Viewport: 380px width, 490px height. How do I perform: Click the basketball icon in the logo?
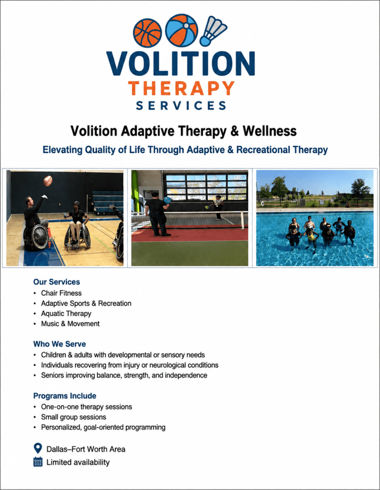click(147, 33)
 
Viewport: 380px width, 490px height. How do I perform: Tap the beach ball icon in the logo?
click(181, 30)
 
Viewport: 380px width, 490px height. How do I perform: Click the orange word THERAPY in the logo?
click(181, 88)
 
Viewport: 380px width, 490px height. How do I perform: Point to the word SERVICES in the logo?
click(181, 106)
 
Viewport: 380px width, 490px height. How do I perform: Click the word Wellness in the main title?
click(270, 131)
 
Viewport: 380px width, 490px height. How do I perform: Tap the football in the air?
click(47, 181)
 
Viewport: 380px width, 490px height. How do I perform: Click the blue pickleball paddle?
click(167, 199)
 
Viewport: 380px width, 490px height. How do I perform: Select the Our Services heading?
click(57, 282)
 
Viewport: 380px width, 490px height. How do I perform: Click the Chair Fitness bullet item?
click(61, 293)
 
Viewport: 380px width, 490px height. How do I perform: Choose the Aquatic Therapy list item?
click(66, 313)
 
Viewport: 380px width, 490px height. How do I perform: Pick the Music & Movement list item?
click(71, 324)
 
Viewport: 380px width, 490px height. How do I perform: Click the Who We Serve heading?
click(59, 344)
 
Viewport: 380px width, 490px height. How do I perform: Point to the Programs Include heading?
click(65, 396)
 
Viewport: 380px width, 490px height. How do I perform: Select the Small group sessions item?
click(73, 417)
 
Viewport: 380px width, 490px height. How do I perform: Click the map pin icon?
click(37, 448)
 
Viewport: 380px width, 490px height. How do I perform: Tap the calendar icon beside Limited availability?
click(37, 462)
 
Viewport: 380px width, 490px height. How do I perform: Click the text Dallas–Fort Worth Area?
click(86, 449)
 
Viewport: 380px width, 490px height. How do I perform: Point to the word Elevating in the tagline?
click(62, 150)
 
